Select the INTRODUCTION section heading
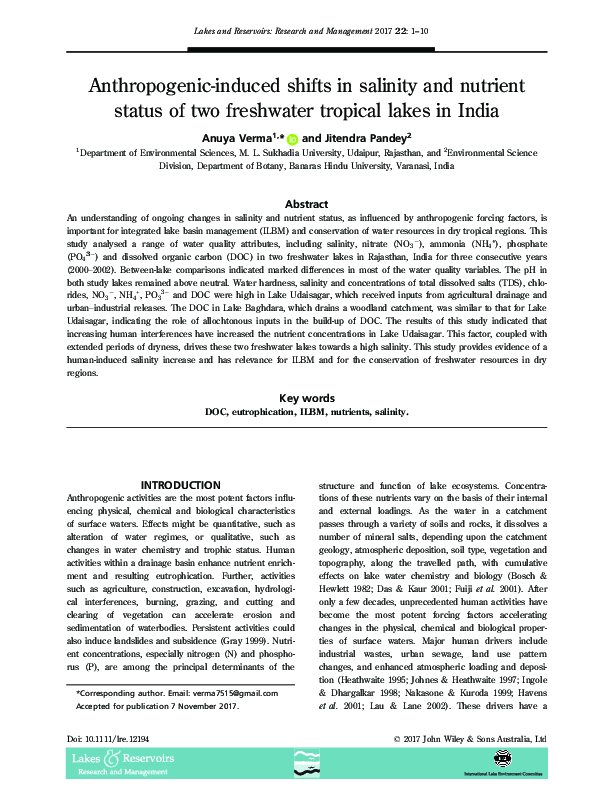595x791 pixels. click(180, 485)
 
